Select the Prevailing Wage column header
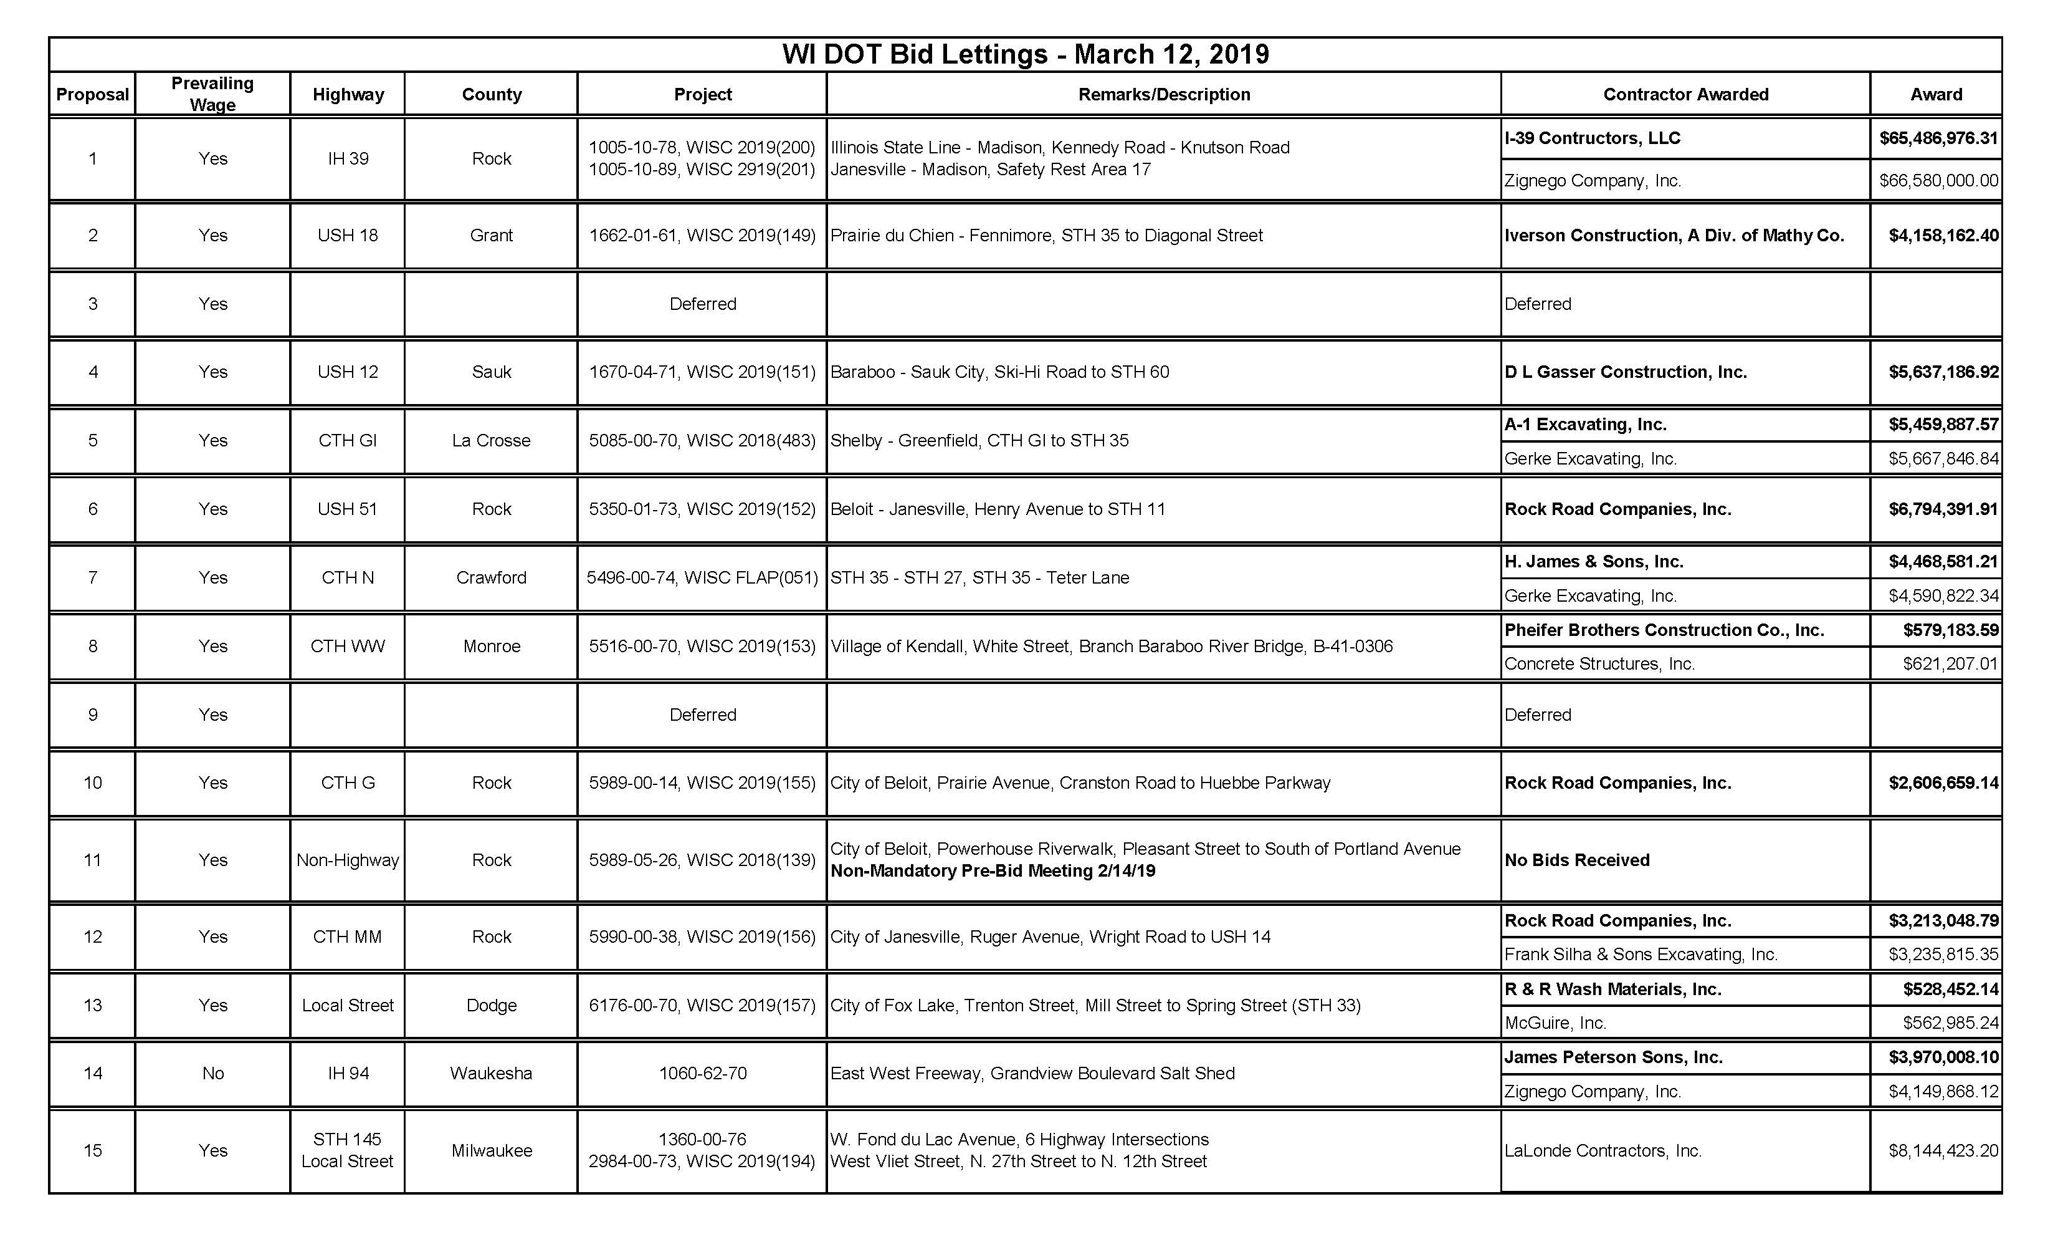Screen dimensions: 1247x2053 pyautogui.click(x=212, y=94)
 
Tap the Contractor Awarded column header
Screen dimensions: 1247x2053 pyautogui.click(x=1685, y=94)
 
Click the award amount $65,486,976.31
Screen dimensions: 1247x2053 pyautogui.click(x=1938, y=138)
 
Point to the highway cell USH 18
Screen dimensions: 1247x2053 pyautogui.click(x=348, y=236)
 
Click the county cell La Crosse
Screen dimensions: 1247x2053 pyautogui.click(x=492, y=441)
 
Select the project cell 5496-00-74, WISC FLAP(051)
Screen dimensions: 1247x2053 pyautogui.click(x=702, y=577)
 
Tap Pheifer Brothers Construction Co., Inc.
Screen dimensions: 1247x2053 pyautogui.click(x=1664, y=630)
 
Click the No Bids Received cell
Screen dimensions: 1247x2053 pyautogui.click(x=1576, y=860)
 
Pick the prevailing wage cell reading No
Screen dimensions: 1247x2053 pyautogui.click(x=212, y=1074)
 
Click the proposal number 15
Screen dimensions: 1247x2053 pyautogui.click(x=92, y=1151)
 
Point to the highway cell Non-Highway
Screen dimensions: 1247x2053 pyautogui.click(x=348, y=860)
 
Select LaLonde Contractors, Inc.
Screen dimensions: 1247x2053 pyautogui.click(x=1603, y=1151)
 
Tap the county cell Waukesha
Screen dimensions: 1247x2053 pyautogui.click(x=492, y=1074)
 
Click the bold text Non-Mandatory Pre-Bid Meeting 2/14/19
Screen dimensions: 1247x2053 pyautogui.click(x=993, y=871)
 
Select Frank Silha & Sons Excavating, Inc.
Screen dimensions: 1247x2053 pyautogui.click(x=1641, y=955)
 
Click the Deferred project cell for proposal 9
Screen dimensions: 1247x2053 pyautogui.click(x=702, y=715)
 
